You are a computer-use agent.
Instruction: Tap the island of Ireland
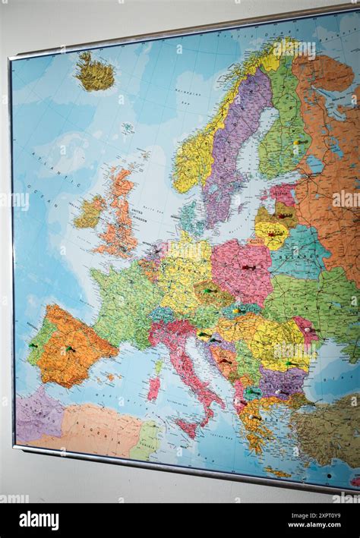click(x=90, y=212)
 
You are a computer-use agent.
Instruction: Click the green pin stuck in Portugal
click(x=33, y=345)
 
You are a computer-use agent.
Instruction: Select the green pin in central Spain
click(x=69, y=349)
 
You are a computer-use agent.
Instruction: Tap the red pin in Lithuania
click(x=271, y=234)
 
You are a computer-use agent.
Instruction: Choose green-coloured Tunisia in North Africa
click(x=147, y=440)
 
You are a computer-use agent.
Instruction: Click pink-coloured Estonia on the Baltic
click(x=283, y=193)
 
